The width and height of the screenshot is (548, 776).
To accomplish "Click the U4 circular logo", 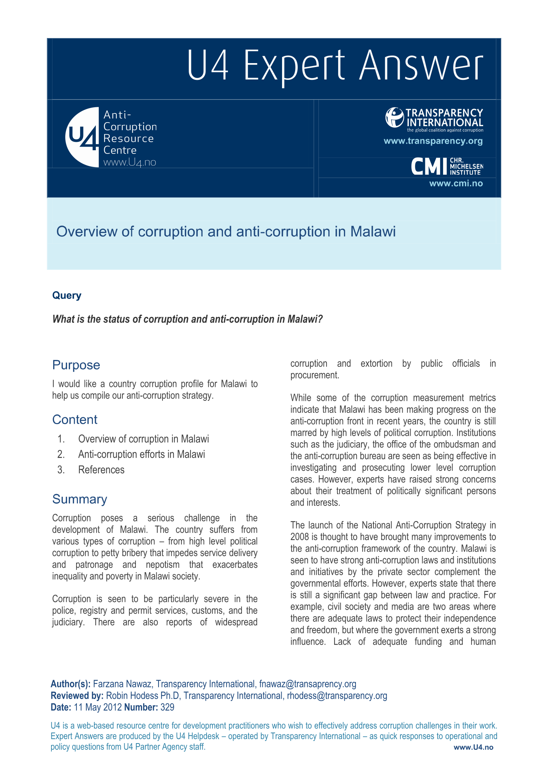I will point(82,137).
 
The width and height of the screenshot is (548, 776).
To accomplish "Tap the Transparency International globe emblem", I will point(394,117).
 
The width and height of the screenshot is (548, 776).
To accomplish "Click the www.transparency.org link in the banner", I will point(433,141).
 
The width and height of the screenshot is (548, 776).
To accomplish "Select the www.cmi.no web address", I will point(456,183).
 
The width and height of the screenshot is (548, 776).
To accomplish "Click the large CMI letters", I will point(429,167).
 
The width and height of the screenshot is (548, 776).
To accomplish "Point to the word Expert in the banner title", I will point(294,66).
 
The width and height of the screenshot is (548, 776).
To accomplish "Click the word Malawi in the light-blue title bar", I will point(373,232).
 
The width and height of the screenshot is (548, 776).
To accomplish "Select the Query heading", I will point(67,295).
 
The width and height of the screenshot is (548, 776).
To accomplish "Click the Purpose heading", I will point(76,365).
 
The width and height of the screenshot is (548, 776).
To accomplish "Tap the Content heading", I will point(75,420).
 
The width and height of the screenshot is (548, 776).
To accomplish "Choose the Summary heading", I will point(79,499).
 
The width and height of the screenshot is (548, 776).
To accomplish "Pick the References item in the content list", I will point(101,470).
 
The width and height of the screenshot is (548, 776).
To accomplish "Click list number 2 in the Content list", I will point(61,454).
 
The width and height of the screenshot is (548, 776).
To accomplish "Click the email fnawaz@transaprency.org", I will point(308,684).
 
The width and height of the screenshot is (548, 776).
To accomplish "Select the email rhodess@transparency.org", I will point(337,696).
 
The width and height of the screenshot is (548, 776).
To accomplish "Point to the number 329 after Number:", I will point(167,707).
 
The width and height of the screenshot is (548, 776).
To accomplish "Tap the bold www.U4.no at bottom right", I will point(473,747).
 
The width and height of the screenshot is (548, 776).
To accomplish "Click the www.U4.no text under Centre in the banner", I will point(130,163).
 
